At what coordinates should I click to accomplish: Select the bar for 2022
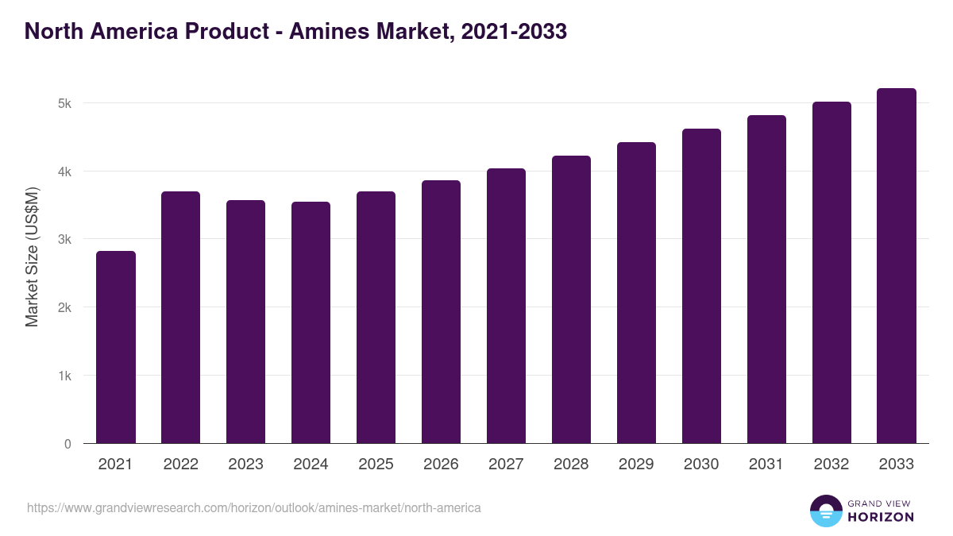point(181,318)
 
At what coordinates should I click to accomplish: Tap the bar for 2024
point(311,322)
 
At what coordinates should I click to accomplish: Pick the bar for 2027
point(507,306)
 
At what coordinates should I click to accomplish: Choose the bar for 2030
point(702,286)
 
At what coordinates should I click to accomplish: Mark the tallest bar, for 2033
point(897,266)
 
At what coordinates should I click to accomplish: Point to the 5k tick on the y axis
point(65,103)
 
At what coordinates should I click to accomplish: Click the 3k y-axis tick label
point(65,239)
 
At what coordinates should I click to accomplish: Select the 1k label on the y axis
point(65,376)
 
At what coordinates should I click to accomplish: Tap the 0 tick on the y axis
point(68,444)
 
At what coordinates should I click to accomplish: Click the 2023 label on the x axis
point(245,465)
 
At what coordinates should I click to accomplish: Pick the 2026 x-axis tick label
point(441,465)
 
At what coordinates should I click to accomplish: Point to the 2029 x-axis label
point(636,465)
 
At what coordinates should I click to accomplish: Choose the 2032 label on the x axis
point(831,465)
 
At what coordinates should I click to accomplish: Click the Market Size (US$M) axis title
point(32,256)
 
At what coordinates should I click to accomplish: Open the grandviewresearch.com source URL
point(254,507)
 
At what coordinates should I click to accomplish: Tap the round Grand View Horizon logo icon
point(826,511)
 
